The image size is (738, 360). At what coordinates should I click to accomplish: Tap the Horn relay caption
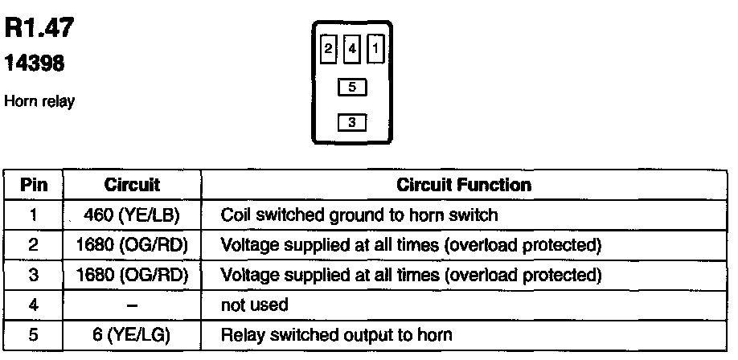(39, 101)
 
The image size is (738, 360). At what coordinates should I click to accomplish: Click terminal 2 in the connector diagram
(327, 49)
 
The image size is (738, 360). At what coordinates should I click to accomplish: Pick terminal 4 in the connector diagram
(351, 49)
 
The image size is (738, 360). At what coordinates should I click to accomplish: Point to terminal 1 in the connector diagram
(375, 49)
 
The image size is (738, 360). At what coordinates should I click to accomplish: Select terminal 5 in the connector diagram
(352, 86)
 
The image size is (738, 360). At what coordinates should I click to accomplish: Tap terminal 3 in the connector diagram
(352, 122)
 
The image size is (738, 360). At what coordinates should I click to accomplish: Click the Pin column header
(34, 185)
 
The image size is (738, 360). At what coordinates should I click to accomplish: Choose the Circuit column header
(132, 185)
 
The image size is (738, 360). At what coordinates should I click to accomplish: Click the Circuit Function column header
(464, 185)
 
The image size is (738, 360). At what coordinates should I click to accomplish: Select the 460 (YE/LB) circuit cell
(132, 215)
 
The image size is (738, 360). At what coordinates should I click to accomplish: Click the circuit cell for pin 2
(132, 245)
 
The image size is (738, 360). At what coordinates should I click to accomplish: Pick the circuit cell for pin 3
(132, 276)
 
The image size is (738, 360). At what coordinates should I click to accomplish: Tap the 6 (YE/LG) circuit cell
(132, 336)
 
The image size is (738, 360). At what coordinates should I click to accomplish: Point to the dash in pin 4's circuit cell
(132, 306)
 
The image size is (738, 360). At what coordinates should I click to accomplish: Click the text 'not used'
(254, 306)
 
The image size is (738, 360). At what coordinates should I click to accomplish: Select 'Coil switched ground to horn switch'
(359, 215)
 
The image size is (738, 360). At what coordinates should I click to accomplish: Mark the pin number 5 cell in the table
(34, 336)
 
